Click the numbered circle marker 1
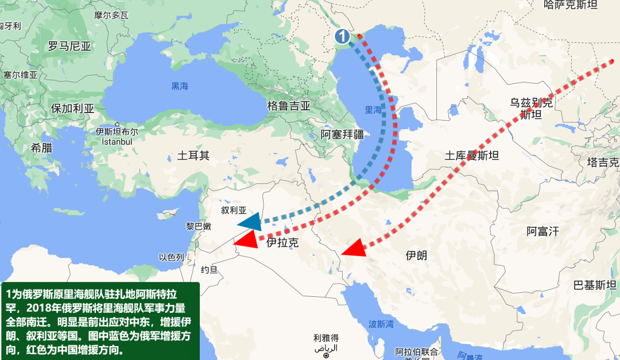[x=342, y=37]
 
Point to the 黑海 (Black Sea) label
[x=180, y=86]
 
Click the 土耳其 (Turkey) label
[x=193, y=155]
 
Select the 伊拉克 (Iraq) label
[x=283, y=243]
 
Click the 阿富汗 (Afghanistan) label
[x=542, y=231]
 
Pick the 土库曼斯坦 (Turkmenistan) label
[x=472, y=156]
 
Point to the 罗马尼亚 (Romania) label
[x=70, y=47]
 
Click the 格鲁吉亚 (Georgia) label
[x=289, y=106]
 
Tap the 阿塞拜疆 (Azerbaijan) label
[x=342, y=134]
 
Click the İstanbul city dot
[x=118, y=124]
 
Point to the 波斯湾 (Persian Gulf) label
[x=381, y=324]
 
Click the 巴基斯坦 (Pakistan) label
[x=596, y=285]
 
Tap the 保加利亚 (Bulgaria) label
[x=72, y=108]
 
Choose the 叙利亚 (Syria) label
[x=234, y=210]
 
